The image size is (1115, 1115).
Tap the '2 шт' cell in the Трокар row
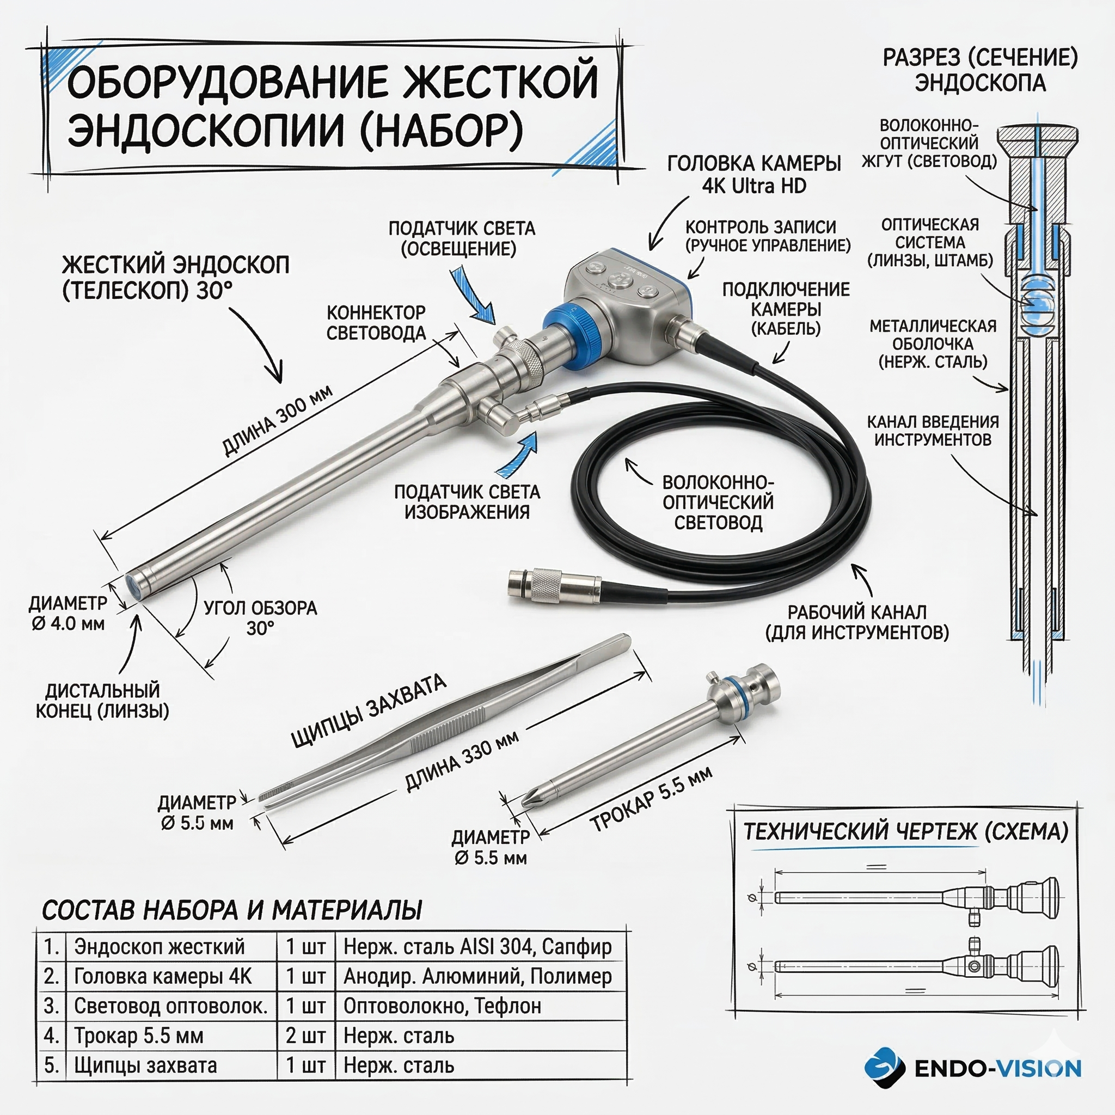tap(306, 1036)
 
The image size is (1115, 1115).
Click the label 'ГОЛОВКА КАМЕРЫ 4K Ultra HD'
tap(753, 174)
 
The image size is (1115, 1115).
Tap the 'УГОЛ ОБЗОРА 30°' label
tap(260, 617)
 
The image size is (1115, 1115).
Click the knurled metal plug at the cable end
tap(545, 586)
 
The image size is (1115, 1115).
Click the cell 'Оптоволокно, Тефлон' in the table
tap(442, 1006)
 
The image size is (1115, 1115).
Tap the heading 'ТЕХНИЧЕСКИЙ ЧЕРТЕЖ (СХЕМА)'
tap(905, 831)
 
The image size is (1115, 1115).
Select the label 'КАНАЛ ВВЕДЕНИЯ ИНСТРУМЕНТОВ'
tap(933, 431)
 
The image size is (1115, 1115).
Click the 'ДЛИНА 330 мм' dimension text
tap(462, 761)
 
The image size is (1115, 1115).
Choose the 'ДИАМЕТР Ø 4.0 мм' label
tap(68, 613)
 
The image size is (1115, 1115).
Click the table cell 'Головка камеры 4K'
tap(163, 976)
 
